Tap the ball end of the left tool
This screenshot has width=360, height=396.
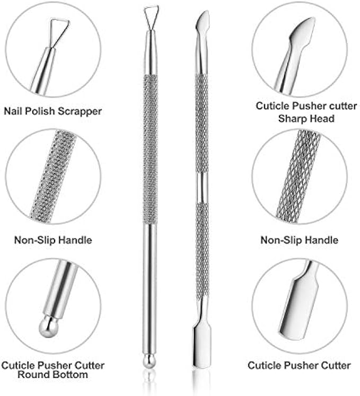tap(150, 361)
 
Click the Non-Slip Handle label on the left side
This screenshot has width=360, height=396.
tap(52, 240)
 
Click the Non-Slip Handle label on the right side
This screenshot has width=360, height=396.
tap(299, 240)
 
